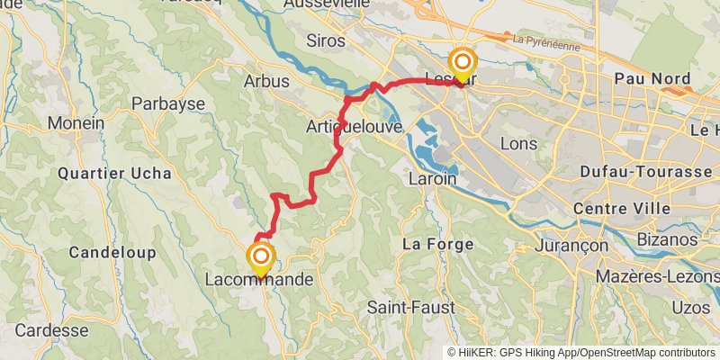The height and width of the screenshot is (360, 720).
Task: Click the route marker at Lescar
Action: tap(463, 65)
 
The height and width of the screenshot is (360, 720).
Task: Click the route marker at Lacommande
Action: tap(261, 261)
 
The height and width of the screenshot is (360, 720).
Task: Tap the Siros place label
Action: tap(326, 40)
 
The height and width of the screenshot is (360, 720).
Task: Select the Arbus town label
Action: tap(266, 81)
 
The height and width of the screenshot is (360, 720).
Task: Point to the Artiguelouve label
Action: tap(353, 126)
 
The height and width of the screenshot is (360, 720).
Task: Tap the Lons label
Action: tap(517, 143)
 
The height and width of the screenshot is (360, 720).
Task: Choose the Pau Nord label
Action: tap(645, 78)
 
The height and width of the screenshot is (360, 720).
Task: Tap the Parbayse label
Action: tap(168, 103)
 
